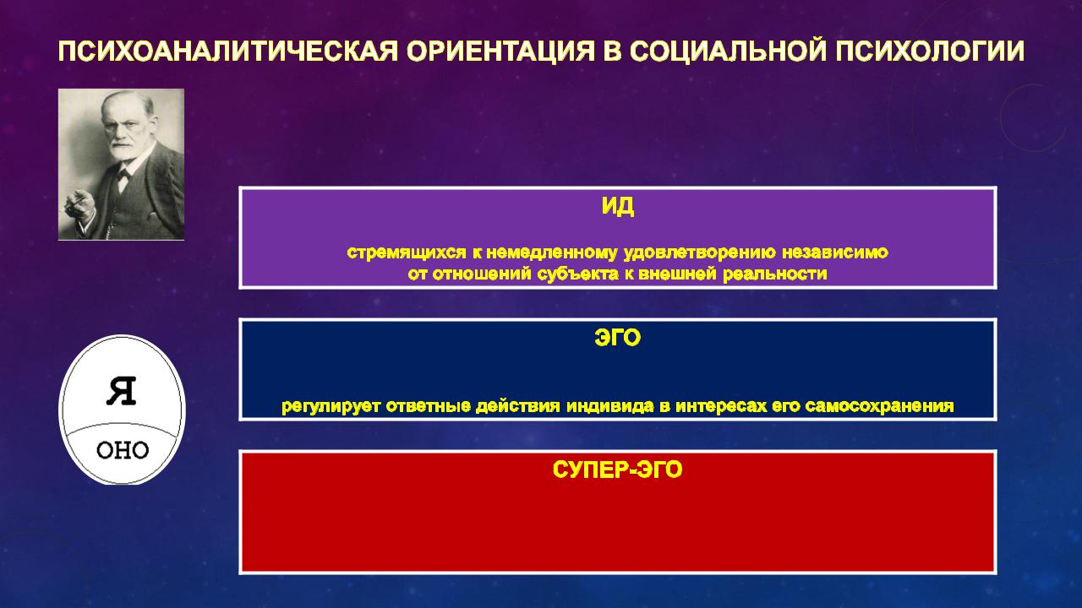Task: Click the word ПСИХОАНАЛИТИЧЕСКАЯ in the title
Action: pos(227,52)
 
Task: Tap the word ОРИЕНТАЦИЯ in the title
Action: pos(500,52)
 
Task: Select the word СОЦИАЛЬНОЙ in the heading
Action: pos(730,52)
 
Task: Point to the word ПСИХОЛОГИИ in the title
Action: pos(930,52)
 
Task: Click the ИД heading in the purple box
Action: pos(618,207)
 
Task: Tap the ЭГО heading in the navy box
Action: pos(618,338)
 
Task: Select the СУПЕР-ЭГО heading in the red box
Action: pos(617,470)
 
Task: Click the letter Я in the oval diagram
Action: pos(121,391)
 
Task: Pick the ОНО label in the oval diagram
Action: pos(123,451)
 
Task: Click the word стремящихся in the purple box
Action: pos(407,252)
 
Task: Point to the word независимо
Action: pos(835,252)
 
